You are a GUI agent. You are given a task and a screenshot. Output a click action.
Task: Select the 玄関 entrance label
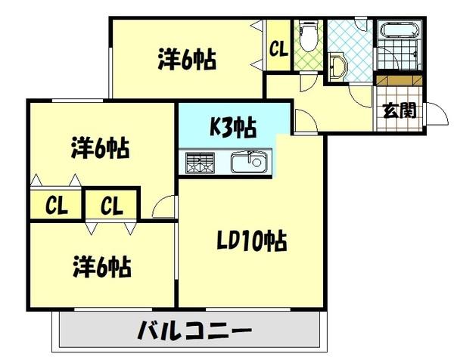(398, 110)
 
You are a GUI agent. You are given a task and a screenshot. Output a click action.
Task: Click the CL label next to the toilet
(278, 51)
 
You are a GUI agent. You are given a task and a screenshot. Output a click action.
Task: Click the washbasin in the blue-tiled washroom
(337, 67)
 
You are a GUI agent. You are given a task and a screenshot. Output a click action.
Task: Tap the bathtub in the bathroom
(399, 32)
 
